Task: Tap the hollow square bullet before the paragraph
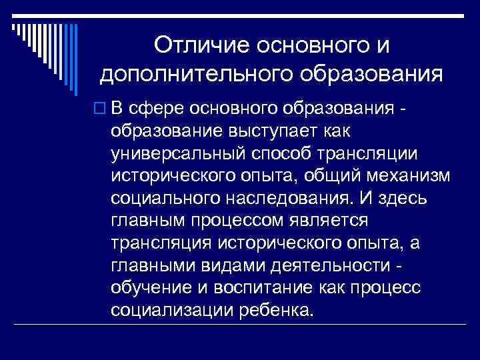(x=103, y=107)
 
